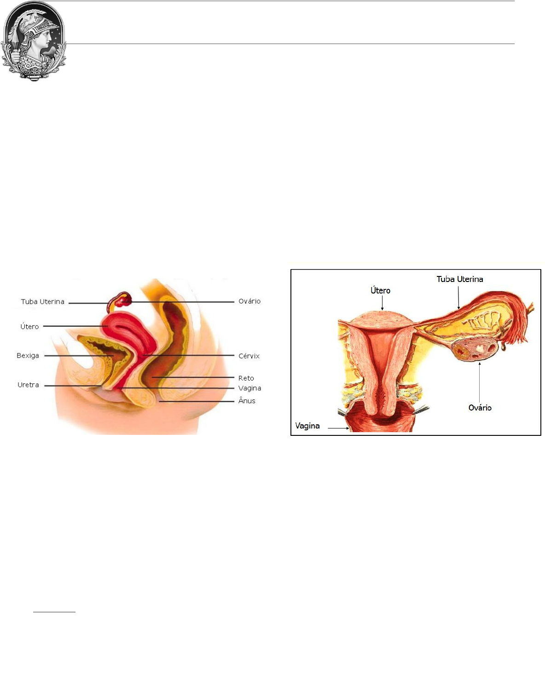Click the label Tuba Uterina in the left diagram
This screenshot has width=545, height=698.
42,302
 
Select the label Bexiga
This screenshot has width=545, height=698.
28,356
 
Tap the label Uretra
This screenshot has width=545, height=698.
28,385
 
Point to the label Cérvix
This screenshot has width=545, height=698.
249,356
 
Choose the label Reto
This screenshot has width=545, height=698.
246,378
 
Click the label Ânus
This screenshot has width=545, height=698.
247,401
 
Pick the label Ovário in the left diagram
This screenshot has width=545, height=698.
249,301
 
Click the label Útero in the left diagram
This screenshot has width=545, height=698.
29,327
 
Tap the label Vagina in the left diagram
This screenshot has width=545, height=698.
249,388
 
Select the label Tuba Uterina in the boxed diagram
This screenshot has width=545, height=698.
459,279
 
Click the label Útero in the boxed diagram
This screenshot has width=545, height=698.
380,291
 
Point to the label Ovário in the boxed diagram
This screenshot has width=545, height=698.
480,408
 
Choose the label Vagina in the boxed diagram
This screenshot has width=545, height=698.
307,426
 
